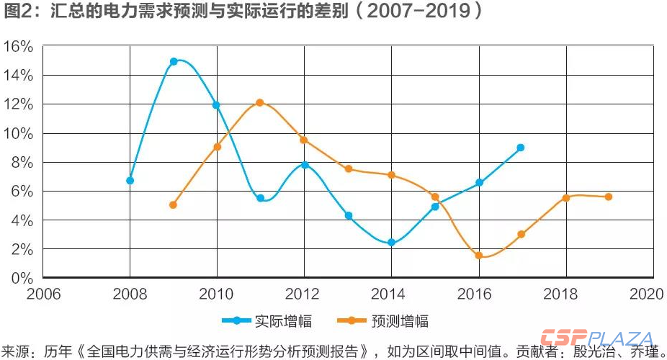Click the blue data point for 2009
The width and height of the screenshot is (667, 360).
(174, 62)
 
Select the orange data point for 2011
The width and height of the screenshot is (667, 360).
(260, 103)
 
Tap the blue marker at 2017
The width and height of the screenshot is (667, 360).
(521, 148)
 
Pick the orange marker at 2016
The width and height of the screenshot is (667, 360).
(478, 256)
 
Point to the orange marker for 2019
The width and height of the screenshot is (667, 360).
(609, 197)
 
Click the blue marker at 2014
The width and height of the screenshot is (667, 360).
(391, 243)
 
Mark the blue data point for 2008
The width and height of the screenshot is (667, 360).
(130, 181)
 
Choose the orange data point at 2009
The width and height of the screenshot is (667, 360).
(173, 205)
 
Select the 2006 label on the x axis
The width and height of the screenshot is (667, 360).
(43, 294)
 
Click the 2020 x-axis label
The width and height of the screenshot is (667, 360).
(646, 294)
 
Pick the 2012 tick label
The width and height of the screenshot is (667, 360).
(303, 294)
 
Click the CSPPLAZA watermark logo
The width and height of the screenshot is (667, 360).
(598, 339)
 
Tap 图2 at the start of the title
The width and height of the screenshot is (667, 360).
(16, 12)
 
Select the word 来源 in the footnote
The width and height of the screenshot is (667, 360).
(16, 352)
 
